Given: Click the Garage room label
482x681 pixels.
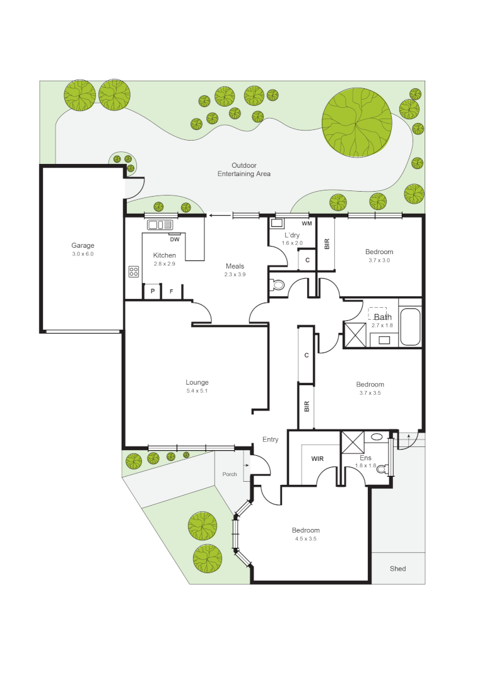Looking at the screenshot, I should coord(82,245).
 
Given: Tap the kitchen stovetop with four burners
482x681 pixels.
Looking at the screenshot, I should coord(134,272).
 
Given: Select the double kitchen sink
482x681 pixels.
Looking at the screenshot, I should coord(160,224).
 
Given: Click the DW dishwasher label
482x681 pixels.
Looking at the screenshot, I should coord(175,239).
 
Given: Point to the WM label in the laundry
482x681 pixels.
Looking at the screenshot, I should coord(307,224).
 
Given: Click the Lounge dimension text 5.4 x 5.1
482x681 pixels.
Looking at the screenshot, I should coord(197,391).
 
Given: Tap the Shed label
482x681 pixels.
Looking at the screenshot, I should coord(397,569).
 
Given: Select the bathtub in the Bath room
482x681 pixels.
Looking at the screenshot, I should coord(410,327).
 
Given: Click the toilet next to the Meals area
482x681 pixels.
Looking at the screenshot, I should coord(277,285).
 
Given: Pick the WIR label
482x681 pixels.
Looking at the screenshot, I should coord(317,459).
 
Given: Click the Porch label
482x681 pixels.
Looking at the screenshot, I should coord(230,474).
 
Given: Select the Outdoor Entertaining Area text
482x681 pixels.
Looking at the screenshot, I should coord(244,170).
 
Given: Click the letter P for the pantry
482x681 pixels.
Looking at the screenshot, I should coord(152,291).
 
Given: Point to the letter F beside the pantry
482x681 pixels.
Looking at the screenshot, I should coord(171,291).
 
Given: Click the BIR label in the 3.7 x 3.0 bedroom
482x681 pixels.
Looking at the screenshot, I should coord(327,243).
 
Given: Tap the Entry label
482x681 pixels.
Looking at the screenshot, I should coord(270,439).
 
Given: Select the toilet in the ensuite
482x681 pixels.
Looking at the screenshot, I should coord(382,468).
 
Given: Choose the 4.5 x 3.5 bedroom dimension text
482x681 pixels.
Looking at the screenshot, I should coord(305,539).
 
